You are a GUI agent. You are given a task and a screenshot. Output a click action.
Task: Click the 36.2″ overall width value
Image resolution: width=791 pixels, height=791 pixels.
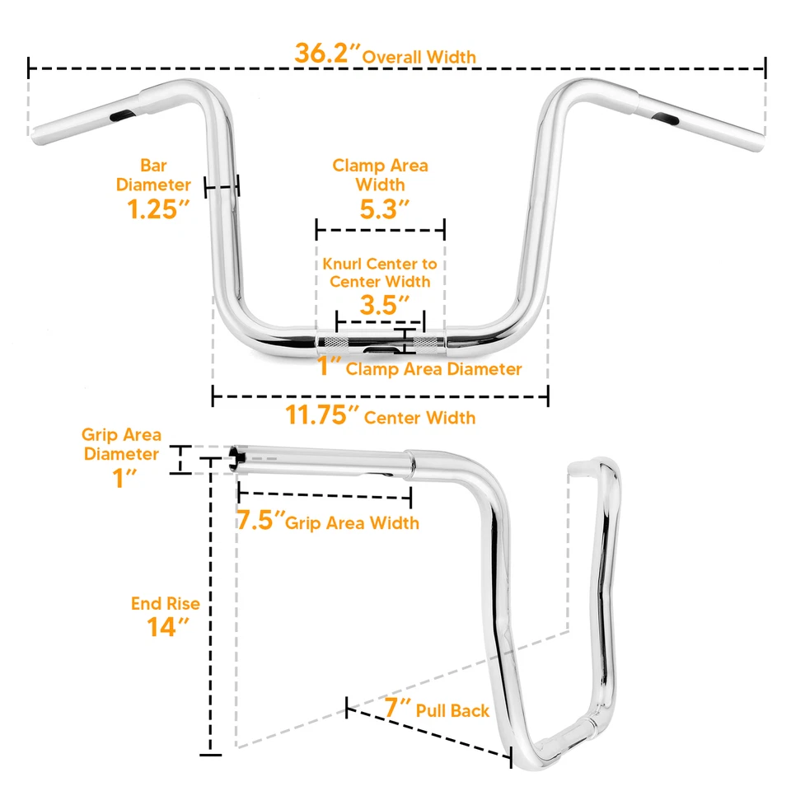[328, 53]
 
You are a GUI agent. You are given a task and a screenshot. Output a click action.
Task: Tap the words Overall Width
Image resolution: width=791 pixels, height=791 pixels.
[419, 57]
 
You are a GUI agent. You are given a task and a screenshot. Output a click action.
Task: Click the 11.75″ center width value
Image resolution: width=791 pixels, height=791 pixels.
[323, 415]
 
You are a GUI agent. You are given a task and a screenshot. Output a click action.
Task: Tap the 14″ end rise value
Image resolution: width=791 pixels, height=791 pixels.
[163, 627]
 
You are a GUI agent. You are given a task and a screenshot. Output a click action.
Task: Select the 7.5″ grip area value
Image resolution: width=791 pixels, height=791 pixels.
[260, 521]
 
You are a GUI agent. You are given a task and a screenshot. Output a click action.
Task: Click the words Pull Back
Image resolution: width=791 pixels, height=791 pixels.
[452, 710]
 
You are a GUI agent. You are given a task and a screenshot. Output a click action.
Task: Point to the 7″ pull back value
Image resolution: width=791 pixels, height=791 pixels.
[398, 707]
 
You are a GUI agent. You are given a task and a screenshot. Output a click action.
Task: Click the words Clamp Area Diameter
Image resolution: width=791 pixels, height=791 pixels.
[433, 369]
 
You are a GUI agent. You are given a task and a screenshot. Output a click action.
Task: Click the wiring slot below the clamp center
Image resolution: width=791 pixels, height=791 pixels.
[381, 351]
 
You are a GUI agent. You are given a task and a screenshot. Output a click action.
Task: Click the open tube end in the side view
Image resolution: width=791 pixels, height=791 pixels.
[238, 458]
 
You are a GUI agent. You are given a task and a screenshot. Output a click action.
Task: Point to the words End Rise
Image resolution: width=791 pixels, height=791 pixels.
[165, 604]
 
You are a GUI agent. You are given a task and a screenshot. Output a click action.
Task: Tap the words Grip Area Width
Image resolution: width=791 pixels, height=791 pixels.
[353, 523]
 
